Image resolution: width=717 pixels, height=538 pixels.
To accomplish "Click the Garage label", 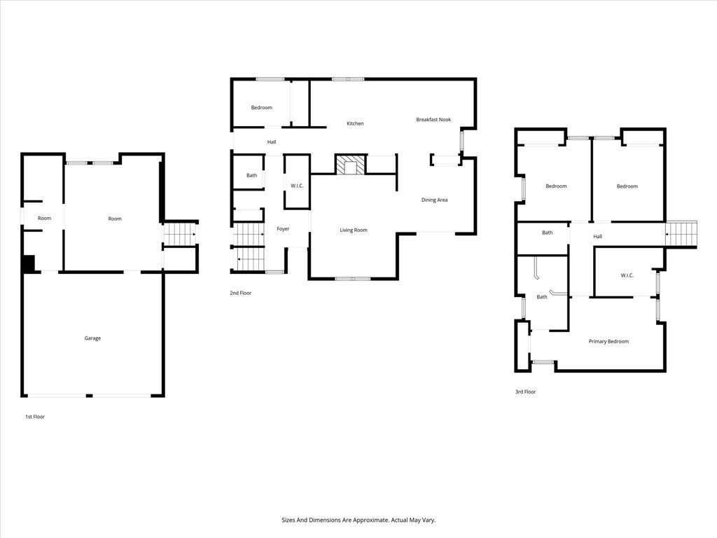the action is pyautogui.click(x=92, y=338).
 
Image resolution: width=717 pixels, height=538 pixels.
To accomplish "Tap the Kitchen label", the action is pyautogui.click(x=355, y=123).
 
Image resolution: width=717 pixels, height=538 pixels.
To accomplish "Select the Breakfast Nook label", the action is pyautogui.click(x=433, y=119).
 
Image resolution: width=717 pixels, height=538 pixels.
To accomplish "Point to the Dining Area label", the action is pyautogui.click(x=434, y=200).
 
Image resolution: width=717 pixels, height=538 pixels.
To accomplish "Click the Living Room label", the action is pyautogui.click(x=354, y=230).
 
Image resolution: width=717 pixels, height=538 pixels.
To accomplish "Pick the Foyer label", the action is pyautogui.click(x=283, y=229).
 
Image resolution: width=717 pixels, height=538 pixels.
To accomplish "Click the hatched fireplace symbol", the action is pyautogui.click(x=351, y=165).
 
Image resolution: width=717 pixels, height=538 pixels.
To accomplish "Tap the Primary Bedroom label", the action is pyautogui.click(x=608, y=341).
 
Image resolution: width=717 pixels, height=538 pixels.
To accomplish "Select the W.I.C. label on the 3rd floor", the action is pyautogui.click(x=627, y=275).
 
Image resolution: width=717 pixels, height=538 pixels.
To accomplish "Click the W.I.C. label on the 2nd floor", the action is pyautogui.click(x=297, y=186).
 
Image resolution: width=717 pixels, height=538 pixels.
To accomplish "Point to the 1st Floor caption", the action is pyautogui.click(x=35, y=417).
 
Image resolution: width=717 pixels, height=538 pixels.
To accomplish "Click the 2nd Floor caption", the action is pyautogui.click(x=241, y=293).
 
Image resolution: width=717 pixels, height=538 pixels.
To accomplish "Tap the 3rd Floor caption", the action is pyautogui.click(x=525, y=392).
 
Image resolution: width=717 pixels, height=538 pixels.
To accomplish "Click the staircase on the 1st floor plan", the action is pyautogui.click(x=180, y=234).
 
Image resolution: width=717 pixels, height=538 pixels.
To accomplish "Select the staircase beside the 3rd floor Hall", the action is pyautogui.click(x=681, y=234).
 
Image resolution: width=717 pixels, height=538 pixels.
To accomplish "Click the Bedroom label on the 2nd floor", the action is pyautogui.click(x=262, y=107).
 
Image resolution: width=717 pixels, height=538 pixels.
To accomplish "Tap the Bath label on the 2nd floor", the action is pyautogui.click(x=251, y=175).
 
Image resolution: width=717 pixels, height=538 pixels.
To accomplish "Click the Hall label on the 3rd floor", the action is pyautogui.click(x=598, y=237).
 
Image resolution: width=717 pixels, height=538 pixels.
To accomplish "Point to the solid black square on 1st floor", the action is pyautogui.click(x=28, y=263).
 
